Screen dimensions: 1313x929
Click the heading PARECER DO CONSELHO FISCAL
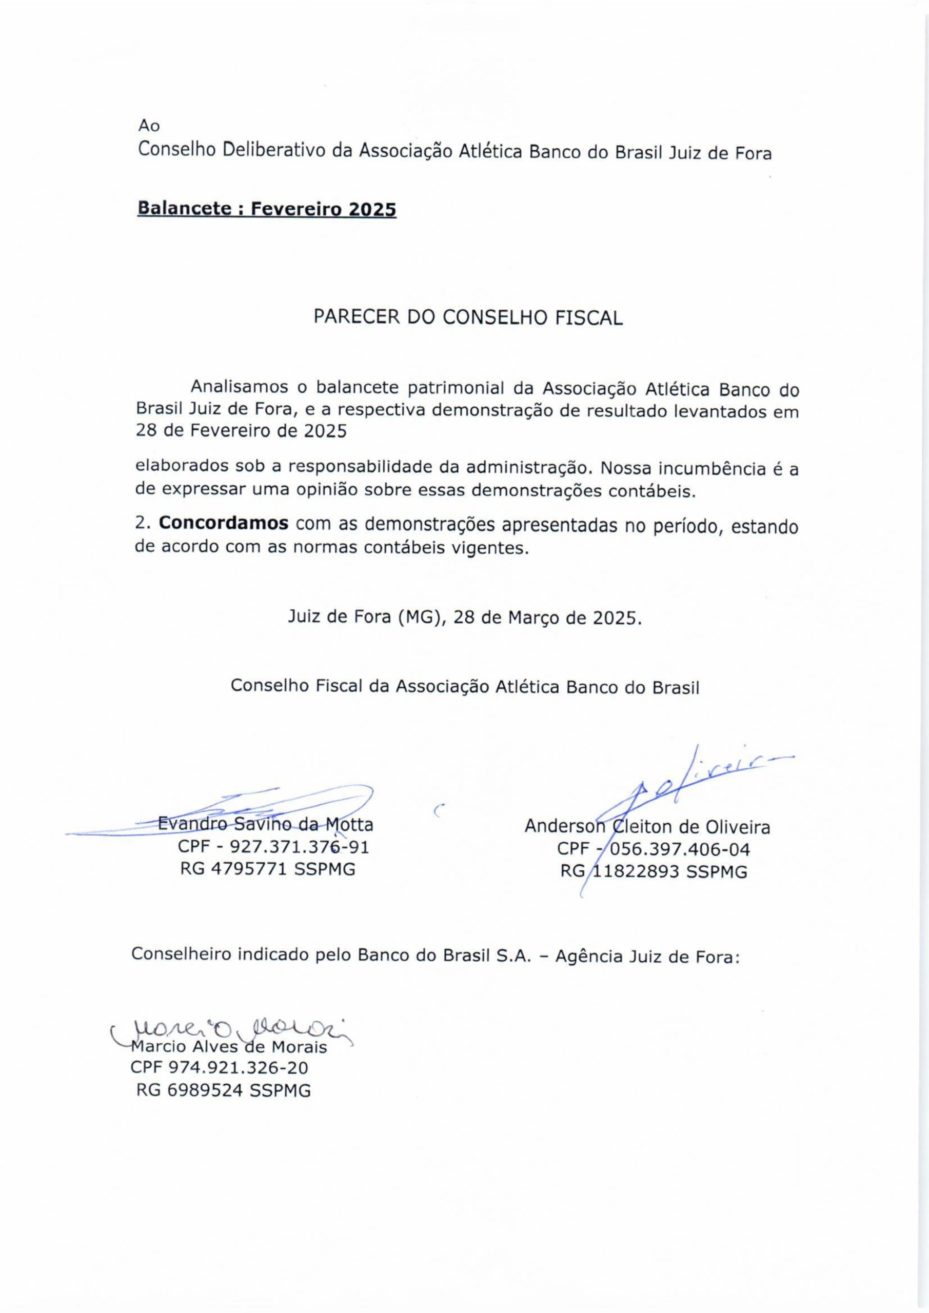468,318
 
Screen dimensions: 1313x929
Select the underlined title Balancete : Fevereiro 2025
267,209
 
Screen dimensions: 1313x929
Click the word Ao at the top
149,126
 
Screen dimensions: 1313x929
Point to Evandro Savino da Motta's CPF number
273,847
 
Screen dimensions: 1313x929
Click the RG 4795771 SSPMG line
268,869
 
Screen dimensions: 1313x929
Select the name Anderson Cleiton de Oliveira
647,827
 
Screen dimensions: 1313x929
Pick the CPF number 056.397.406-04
653,849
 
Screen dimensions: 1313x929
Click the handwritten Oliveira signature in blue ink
686,784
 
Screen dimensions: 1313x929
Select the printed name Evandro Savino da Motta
265,825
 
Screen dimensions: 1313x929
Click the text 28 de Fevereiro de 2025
241,431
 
